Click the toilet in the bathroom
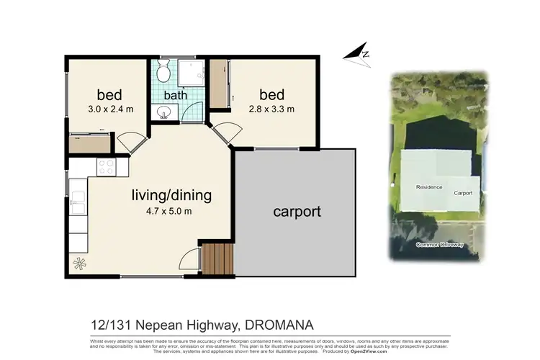point(163,72)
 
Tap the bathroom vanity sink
point(165,113)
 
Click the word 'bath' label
point(175,94)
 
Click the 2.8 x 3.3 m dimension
point(271,109)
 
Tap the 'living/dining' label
point(171,194)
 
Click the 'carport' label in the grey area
point(297,212)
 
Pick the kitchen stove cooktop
point(105,167)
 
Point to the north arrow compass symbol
point(357,52)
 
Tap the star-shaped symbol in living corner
point(78,264)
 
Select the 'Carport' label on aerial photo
point(462,193)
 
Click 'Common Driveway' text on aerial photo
point(439,246)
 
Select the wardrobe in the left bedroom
point(90,143)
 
